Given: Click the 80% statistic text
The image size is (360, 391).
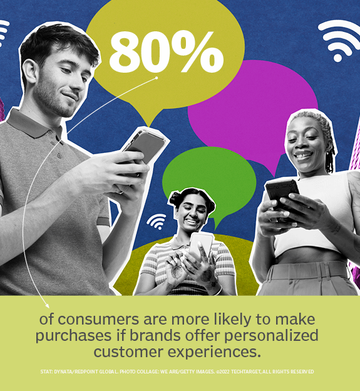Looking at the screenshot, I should [x=165, y=51].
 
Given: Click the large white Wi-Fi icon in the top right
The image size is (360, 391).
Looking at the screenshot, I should [x=338, y=39].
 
